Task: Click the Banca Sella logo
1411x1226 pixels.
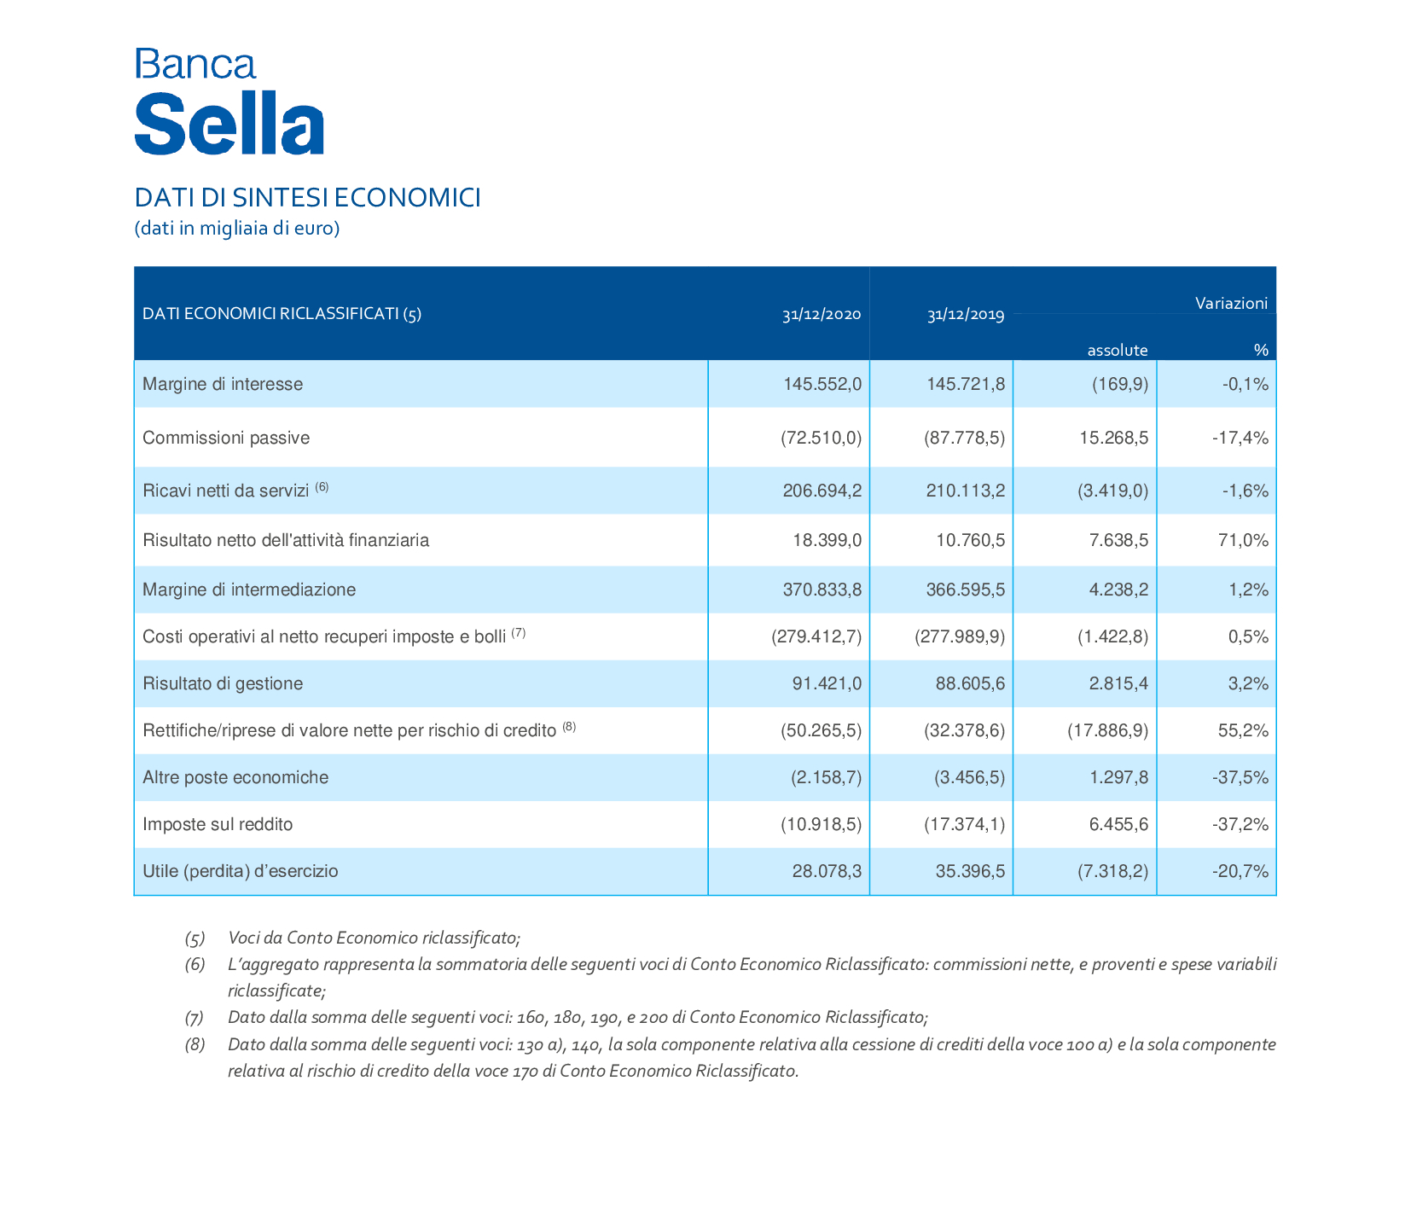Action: click(x=229, y=102)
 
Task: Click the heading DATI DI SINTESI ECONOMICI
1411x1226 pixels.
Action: click(x=308, y=198)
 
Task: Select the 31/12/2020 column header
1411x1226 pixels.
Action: click(x=822, y=315)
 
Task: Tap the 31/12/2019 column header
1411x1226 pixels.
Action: click(x=966, y=315)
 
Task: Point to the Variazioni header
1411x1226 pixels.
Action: click(x=1231, y=303)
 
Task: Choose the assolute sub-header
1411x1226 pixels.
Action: click(x=1118, y=350)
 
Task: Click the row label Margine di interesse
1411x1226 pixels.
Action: click(x=223, y=384)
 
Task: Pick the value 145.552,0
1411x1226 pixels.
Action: click(x=822, y=384)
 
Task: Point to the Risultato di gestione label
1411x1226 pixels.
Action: click(x=223, y=683)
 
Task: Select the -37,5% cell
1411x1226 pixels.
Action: click(x=1240, y=777)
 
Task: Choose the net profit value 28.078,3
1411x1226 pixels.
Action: click(x=827, y=871)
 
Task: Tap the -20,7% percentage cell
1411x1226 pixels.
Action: click(x=1240, y=871)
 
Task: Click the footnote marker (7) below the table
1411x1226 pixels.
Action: click(x=195, y=1017)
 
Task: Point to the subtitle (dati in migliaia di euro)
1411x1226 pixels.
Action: click(x=237, y=229)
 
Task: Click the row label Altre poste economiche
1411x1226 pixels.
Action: click(x=235, y=777)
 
